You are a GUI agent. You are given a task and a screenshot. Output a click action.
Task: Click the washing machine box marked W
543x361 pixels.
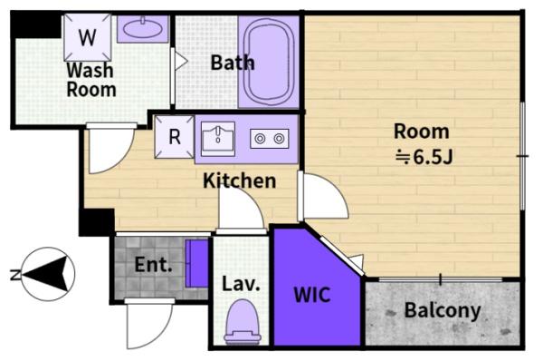point(88,37)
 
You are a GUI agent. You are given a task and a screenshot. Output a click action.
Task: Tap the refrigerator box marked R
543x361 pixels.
point(174,137)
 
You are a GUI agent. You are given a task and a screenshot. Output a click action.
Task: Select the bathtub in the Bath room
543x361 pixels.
point(269,62)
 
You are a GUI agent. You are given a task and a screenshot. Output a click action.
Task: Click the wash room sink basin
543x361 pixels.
point(142,28)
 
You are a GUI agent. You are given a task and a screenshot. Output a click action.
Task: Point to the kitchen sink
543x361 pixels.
point(218,138)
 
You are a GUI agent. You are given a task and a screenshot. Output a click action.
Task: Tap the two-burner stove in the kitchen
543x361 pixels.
point(270,139)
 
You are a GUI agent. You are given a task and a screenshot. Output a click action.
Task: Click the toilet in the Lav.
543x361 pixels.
point(243,322)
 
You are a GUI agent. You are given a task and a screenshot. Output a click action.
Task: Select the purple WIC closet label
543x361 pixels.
point(312,295)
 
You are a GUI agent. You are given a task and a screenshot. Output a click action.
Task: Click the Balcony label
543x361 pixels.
point(443,310)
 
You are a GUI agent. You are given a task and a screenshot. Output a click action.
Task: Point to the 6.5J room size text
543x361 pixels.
point(424,158)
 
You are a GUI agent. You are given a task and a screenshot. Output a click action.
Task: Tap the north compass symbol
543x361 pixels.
point(47,274)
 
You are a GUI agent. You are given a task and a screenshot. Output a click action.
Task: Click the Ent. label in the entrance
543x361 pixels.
point(153,265)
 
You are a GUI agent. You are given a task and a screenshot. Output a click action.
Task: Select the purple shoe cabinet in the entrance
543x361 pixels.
point(196,263)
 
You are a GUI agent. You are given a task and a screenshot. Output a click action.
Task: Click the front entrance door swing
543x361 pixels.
point(149,324)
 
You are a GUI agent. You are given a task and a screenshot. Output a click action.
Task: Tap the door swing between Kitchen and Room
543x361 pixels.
point(325,195)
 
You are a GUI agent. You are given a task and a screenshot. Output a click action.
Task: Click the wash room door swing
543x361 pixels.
point(111,151)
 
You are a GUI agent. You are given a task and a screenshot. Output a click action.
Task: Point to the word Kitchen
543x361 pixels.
point(239,180)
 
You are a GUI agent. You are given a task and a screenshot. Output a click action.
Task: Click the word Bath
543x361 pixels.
point(233,63)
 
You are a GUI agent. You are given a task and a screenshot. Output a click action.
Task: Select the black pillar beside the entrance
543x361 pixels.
point(97,222)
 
